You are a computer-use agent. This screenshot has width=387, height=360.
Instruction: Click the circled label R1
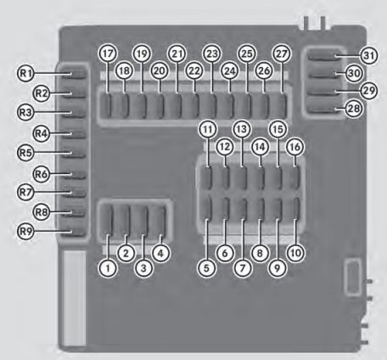tap(25, 74)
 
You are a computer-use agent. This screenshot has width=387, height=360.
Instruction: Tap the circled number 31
tap(369, 55)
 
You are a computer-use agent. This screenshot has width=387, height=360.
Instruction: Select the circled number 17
tap(108, 53)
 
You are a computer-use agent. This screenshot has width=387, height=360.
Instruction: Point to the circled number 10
tap(295, 253)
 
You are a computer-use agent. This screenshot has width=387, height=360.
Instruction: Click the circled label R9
tap(25, 232)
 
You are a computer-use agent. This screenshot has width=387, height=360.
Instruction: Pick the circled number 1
tap(108, 267)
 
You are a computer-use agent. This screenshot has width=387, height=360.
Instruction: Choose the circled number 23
tap(212, 53)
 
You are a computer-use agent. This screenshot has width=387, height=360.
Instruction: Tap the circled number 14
tap(260, 147)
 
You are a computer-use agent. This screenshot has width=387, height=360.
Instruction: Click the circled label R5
tap(25, 153)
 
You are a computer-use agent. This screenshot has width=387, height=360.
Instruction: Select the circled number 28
tap(354, 109)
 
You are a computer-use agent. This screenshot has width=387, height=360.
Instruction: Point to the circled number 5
tap(206, 267)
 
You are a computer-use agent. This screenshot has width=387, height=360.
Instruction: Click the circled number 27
tap(282, 53)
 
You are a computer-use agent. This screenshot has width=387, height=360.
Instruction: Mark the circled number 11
tap(208, 129)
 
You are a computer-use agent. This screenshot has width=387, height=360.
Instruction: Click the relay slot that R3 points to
tap(74, 112)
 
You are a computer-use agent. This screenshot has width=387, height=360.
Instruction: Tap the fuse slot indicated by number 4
tap(157, 222)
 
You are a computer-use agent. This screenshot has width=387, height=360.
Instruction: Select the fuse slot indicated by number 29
tap(323, 91)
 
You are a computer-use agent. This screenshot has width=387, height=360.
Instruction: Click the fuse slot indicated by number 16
tap(294, 177)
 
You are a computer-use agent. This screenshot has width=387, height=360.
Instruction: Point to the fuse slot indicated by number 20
tap(156, 106)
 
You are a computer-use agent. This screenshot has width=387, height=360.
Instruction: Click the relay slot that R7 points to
tap(74, 192)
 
